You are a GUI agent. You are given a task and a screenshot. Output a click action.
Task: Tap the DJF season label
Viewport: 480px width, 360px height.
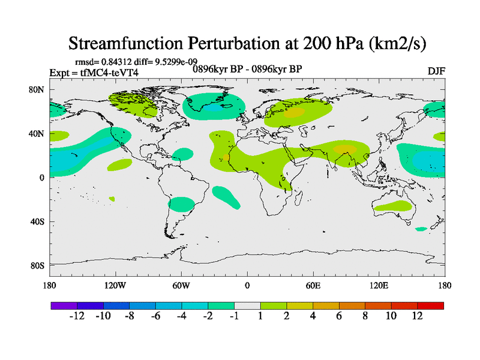(x=436, y=71)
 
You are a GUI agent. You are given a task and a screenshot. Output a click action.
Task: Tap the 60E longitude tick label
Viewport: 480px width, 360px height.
(x=313, y=286)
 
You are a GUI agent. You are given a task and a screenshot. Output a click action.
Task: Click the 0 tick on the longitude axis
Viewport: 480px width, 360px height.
(x=247, y=286)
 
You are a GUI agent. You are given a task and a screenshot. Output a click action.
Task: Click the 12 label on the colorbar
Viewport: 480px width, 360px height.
(x=417, y=316)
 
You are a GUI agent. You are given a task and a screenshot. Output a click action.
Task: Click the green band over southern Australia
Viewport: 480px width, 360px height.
(x=393, y=207)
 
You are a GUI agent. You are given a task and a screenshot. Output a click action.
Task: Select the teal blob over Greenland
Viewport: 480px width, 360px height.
(x=214, y=106)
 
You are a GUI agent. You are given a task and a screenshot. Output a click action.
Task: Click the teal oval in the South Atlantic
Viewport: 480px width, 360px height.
(x=226, y=197)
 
